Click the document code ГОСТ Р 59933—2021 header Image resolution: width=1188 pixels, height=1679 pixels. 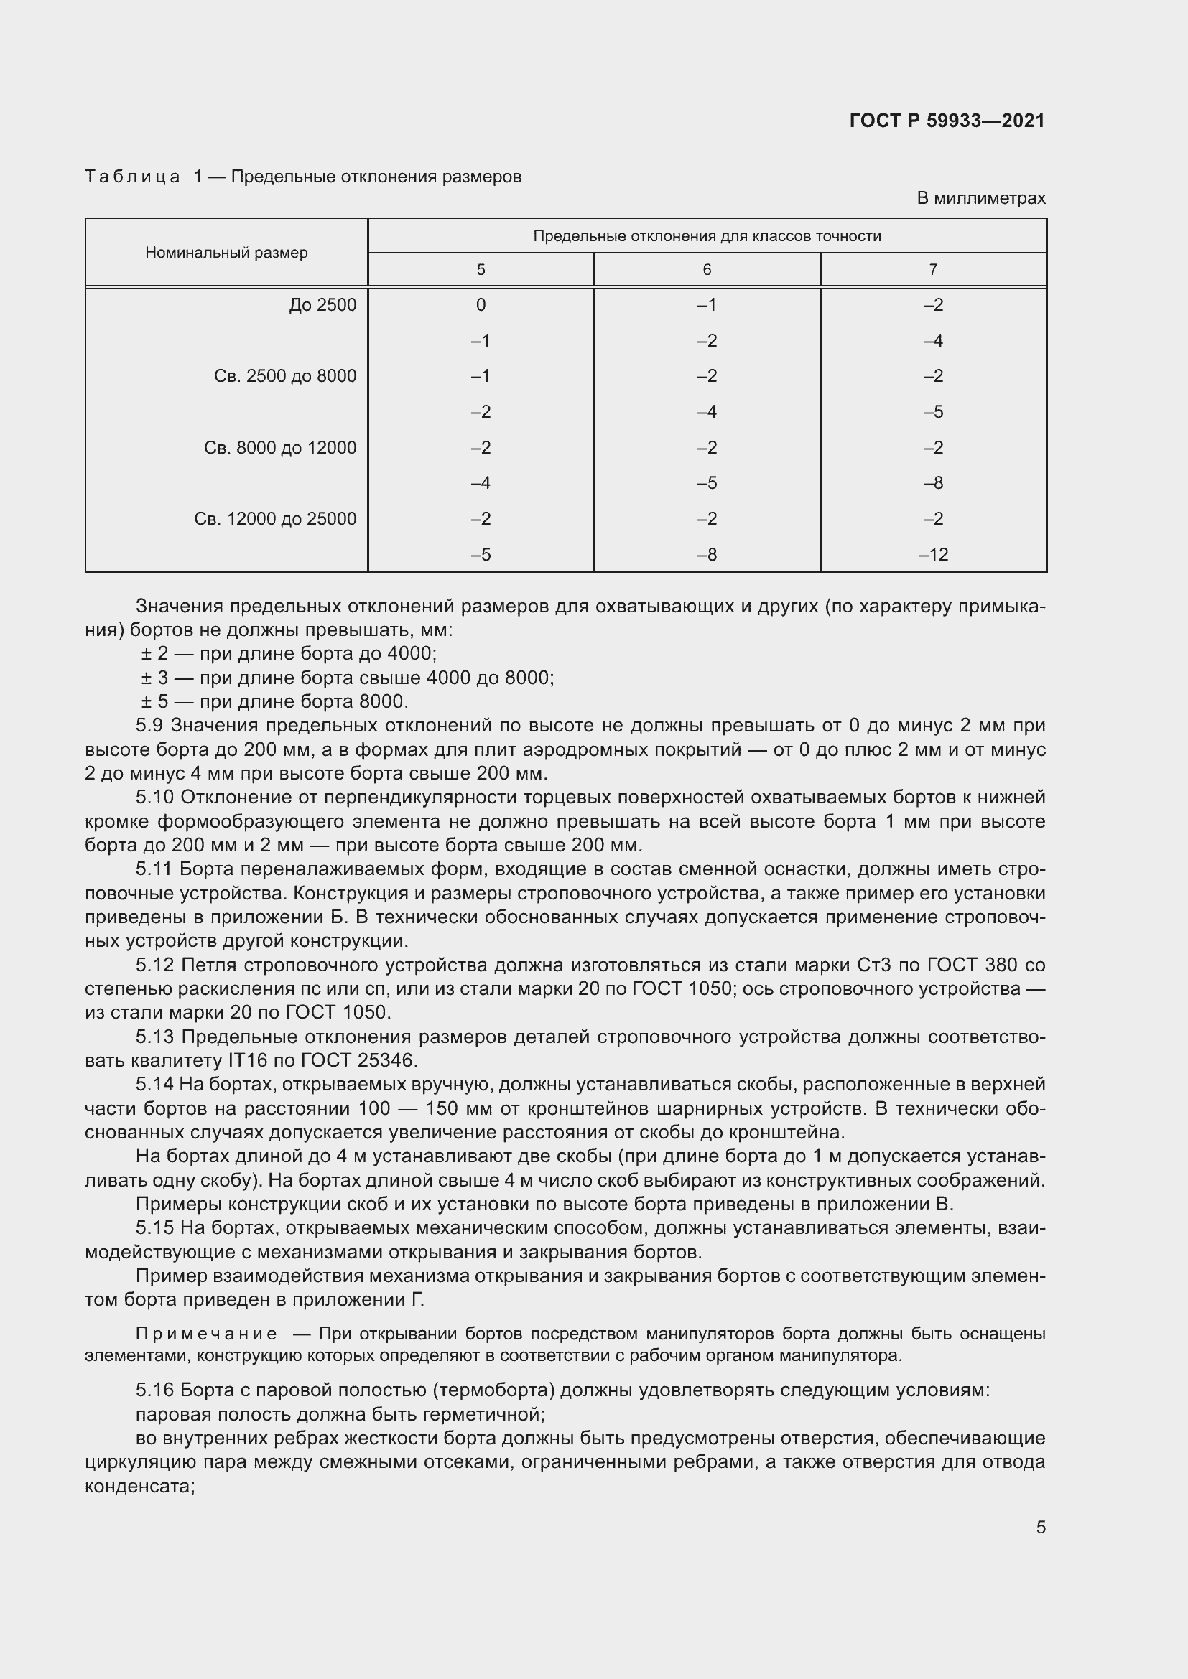coord(947,121)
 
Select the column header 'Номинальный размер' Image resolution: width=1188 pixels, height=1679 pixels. coord(226,252)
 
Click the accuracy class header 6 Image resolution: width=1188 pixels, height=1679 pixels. coord(707,270)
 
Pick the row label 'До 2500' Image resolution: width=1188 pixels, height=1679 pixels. coord(322,305)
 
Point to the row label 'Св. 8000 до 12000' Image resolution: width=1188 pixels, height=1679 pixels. coord(280,447)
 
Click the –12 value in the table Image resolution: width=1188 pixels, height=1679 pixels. coord(933,554)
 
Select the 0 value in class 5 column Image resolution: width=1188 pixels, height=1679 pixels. coord(481,305)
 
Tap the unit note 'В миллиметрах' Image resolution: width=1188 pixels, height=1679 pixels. coord(981,198)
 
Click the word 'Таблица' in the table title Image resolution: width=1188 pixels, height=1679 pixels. coord(132,177)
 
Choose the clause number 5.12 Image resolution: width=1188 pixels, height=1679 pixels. coord(155,965)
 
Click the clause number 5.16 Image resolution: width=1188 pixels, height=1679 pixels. coord(155,1390)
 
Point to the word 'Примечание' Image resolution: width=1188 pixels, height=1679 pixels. coord(207,1334)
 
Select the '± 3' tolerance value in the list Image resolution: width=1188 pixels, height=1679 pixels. coord(154,678)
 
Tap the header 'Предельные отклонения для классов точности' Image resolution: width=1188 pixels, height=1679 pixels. coord(707,236)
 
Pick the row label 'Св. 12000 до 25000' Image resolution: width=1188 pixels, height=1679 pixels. coord(275,519)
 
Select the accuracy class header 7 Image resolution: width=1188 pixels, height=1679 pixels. coord(933,270)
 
